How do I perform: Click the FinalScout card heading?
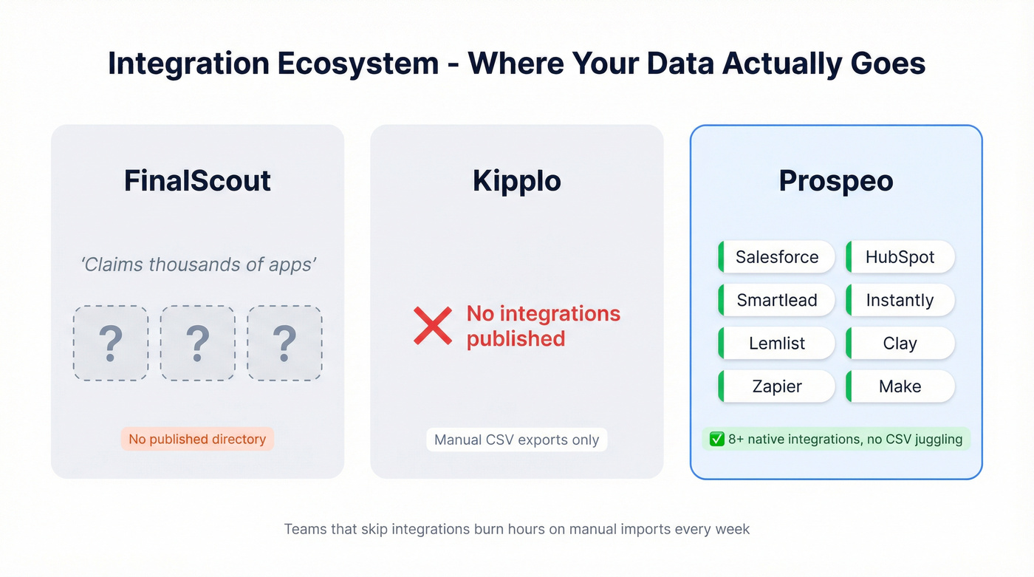click(197, 181)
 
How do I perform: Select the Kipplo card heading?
click(516, 181)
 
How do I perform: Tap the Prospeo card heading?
click(835, 181)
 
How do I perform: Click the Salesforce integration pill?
click(777, 257)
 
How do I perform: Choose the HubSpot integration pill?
click(900, 257)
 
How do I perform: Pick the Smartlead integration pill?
click(777, 300)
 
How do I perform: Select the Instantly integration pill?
click(900, 300)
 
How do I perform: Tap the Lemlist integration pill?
click(777, 344)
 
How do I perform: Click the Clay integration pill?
click(900, 344)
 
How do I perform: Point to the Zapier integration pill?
click(777, 386)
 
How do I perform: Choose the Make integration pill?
click(900, 386)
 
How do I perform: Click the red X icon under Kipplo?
click(433, 326)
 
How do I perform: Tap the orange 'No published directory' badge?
click(197, 439)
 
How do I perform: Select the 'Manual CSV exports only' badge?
click(516, 440)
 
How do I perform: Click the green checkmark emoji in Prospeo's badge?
click(716, 440)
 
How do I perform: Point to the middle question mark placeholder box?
click(197, 344)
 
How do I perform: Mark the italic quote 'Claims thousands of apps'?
click(198, 264)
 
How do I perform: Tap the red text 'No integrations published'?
click(543, 326)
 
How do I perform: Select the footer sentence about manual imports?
click(516, 529)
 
